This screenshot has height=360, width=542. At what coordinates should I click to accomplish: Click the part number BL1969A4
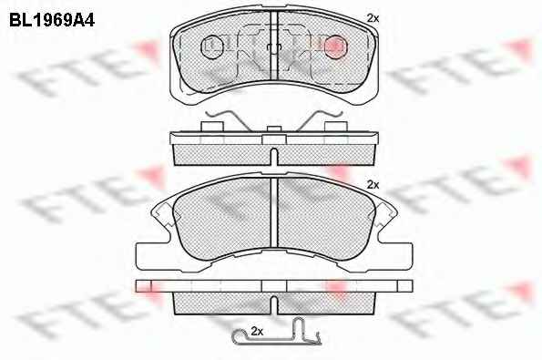point(52,21)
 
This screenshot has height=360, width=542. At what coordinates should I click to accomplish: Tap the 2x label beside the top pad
point(373,18)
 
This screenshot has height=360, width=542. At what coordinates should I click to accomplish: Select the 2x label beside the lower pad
point(373,185)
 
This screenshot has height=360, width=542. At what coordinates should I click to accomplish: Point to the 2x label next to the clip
point(257,332)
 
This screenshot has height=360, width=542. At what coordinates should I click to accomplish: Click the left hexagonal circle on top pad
point(211,46)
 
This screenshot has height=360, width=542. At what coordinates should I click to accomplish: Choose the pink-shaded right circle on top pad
point(334,46)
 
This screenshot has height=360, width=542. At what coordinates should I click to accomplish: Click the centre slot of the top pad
point(274,45)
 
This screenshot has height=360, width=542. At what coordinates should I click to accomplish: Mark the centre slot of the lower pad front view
point(274,211)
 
